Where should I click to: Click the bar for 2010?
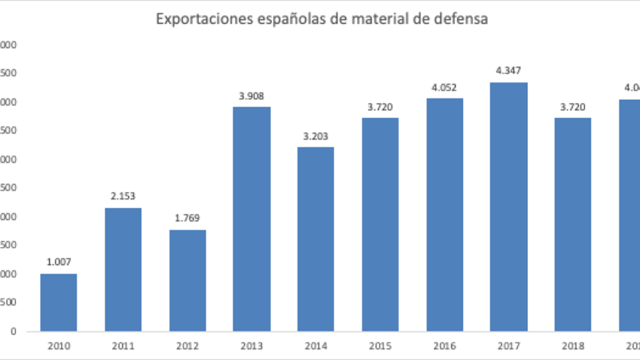click(x=58, y=302)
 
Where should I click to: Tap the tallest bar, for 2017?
click(x=509, y=207)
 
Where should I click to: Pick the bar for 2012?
click(x=187, y=281)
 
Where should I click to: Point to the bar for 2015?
click(x=380, y=224)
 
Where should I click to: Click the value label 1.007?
click(x=58, y=262)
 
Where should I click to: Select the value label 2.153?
click(x=122, y=196)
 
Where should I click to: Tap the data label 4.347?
click(x=509, y=70)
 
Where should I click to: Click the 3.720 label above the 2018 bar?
click(x=573, y=106)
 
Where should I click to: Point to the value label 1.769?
click(x=187, y=218)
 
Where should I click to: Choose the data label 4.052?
click(x=444, y=87)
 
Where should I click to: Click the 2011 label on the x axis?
click(x=122, y=346)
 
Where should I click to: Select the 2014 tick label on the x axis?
click(x=315, y=346)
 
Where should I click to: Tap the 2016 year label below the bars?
click(x=444, y=346)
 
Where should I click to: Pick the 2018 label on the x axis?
click(x=573, y=346)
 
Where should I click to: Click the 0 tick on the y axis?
click(x=13, y=332)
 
